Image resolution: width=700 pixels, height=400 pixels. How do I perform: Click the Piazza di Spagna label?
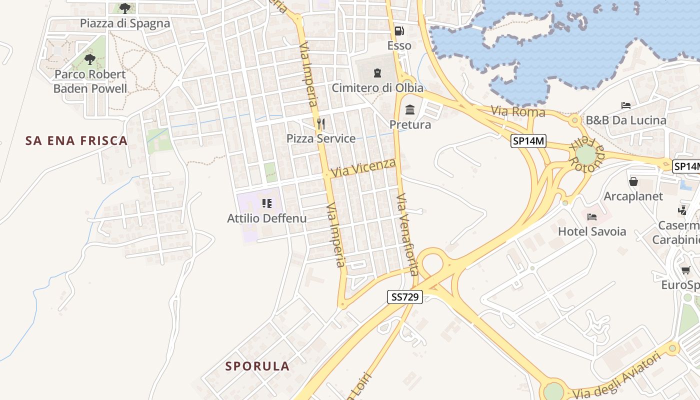pyautogui.click(x=125, y=23)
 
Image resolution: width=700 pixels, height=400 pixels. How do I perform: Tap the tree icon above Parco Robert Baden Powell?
pyautogui.click(x=90, y=59)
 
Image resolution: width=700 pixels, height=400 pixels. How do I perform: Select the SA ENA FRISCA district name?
pyautogui.click(x=76, y=141)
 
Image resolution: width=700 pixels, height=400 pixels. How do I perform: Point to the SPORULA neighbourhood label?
pyautogui.click(x=257, y=366)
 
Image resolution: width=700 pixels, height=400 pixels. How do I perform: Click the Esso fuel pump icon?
pyautogui.click(x=399, y=31)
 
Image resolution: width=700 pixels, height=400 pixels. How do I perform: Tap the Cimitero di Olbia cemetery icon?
pyautogui.click(x=377, y=73)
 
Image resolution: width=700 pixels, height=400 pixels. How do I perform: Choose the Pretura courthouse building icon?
pyautogui.click(x=410, y=109)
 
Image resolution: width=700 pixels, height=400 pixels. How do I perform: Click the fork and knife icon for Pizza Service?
pyautogui.click(x=321, y=123)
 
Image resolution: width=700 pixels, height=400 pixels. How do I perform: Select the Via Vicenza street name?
pyautogui.click(x=363, y=167)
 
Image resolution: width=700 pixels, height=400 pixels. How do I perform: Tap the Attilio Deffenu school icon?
pyautogui.click(x=267, y=203)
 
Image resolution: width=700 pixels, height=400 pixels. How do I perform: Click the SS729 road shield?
pyautogui.click(x=405, y=297)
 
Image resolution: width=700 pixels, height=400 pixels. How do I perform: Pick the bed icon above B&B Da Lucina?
pyautogui.click(x=625, y=105)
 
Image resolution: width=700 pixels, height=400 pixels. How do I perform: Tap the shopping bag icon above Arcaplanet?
pyautogui.click(x=633, y=181)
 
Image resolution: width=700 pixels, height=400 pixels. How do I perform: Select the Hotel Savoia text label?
pyautogui.click(x=592, y=231)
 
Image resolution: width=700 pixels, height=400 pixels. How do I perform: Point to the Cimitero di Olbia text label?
pyautogui.click(x=377, y=88)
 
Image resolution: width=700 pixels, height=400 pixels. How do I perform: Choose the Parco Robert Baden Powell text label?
pyautogui.click(x=90, y=81)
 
